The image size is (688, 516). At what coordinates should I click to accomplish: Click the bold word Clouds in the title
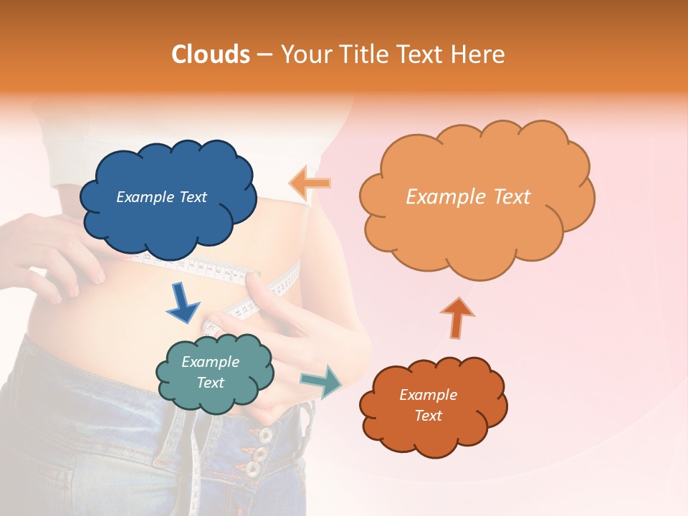click(211, 54)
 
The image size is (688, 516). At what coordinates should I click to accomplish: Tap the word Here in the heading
click(479, 54)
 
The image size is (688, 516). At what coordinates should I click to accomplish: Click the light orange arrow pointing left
click(310, 183)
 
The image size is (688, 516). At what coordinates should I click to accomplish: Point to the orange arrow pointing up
click(457, 317)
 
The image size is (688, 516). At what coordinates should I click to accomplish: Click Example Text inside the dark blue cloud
click(161, 197)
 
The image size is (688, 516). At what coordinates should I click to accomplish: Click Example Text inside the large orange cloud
click(468, 197)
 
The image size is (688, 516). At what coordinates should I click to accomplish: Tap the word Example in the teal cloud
click(210, 362)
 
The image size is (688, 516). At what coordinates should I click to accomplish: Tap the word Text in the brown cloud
click(428, 416)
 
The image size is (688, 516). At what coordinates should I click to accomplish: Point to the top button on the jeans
click(265, 435)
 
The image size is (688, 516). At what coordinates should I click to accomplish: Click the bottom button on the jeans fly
click(252, 469)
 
